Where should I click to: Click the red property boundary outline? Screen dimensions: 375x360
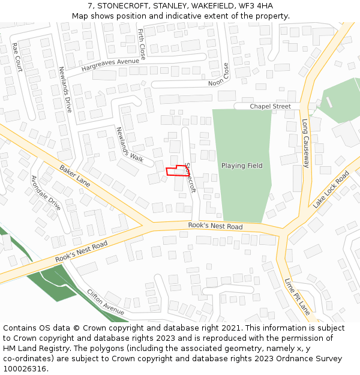176,171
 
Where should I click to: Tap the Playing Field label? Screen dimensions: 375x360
242,166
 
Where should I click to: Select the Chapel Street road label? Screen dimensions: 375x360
270,106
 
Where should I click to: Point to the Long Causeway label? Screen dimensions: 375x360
305,143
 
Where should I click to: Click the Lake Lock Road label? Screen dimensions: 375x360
331,190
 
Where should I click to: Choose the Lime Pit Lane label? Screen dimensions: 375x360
297,296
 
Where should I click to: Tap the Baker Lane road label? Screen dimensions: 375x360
75,176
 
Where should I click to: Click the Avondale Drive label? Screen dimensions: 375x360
46,192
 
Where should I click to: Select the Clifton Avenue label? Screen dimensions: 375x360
105,302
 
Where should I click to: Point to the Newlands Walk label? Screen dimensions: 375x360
130,145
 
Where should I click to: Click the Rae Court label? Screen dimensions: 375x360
17,57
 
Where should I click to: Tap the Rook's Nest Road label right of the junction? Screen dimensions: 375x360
215,226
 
